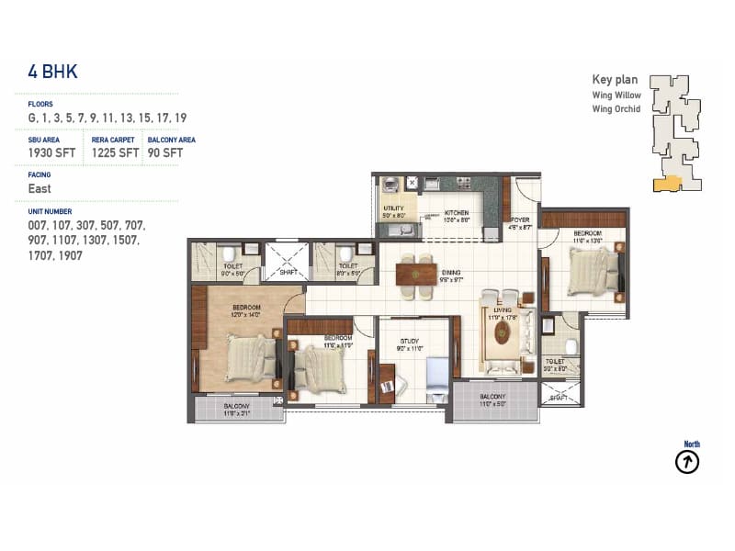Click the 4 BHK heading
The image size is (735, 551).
click(53, 73)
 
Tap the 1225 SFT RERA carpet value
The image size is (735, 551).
click(115, 153)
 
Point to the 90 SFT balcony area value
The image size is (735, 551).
click(165, 153)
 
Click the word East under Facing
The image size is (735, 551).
click(40, 189)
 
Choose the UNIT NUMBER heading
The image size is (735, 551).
click(50, 211)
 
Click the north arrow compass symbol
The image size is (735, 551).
click(687, 462)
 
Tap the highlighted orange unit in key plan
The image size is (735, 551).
click(667, 184)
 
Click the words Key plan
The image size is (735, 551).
click(616, 80)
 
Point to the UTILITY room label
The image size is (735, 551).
click(393, 208)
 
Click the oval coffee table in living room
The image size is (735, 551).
click(502, 332)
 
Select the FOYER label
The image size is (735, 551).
click(519, 219)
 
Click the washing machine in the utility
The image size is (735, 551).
click(389, 183)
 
